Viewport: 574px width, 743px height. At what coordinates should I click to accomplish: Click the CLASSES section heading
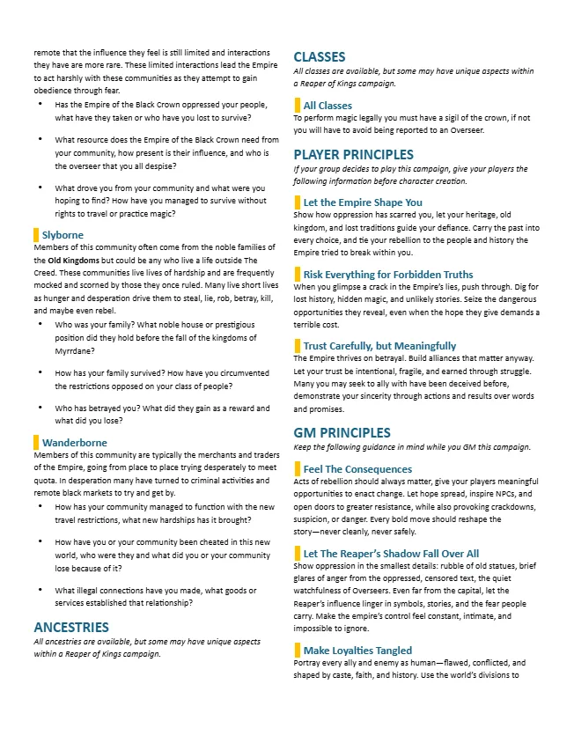[x=319, y=57]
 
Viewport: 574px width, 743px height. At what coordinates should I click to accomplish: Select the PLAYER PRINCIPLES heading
[x=353, y=154]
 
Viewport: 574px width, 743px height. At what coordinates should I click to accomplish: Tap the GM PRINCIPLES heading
[x=342, y=432]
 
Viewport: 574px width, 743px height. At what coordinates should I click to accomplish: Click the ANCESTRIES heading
[x=71, y=627]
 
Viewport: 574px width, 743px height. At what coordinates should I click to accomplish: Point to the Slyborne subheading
[x=63, y=235]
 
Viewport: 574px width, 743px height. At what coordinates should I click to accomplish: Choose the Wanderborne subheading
[x=75, y=442]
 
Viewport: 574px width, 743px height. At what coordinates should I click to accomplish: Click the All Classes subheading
[x=327, y=106]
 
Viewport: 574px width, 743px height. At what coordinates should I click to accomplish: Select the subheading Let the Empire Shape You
[x=363, y=202]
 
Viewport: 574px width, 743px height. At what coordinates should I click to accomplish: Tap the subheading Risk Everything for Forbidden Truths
[x=388, y=275]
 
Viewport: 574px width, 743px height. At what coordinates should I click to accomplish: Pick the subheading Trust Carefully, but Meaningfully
[x=379, y=346]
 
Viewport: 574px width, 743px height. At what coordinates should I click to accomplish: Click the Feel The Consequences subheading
[x=357, y=469]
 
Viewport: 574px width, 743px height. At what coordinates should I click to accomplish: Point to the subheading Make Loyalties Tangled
[x=357, y=651]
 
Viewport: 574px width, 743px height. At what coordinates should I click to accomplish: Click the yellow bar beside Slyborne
[x=36, y=235]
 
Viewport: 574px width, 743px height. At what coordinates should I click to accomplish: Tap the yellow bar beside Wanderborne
[x=36, y=442]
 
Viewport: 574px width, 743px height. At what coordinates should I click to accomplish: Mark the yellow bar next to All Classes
[x=297, y=106]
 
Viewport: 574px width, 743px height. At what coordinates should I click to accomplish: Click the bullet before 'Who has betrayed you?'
[x=42, y=408]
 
